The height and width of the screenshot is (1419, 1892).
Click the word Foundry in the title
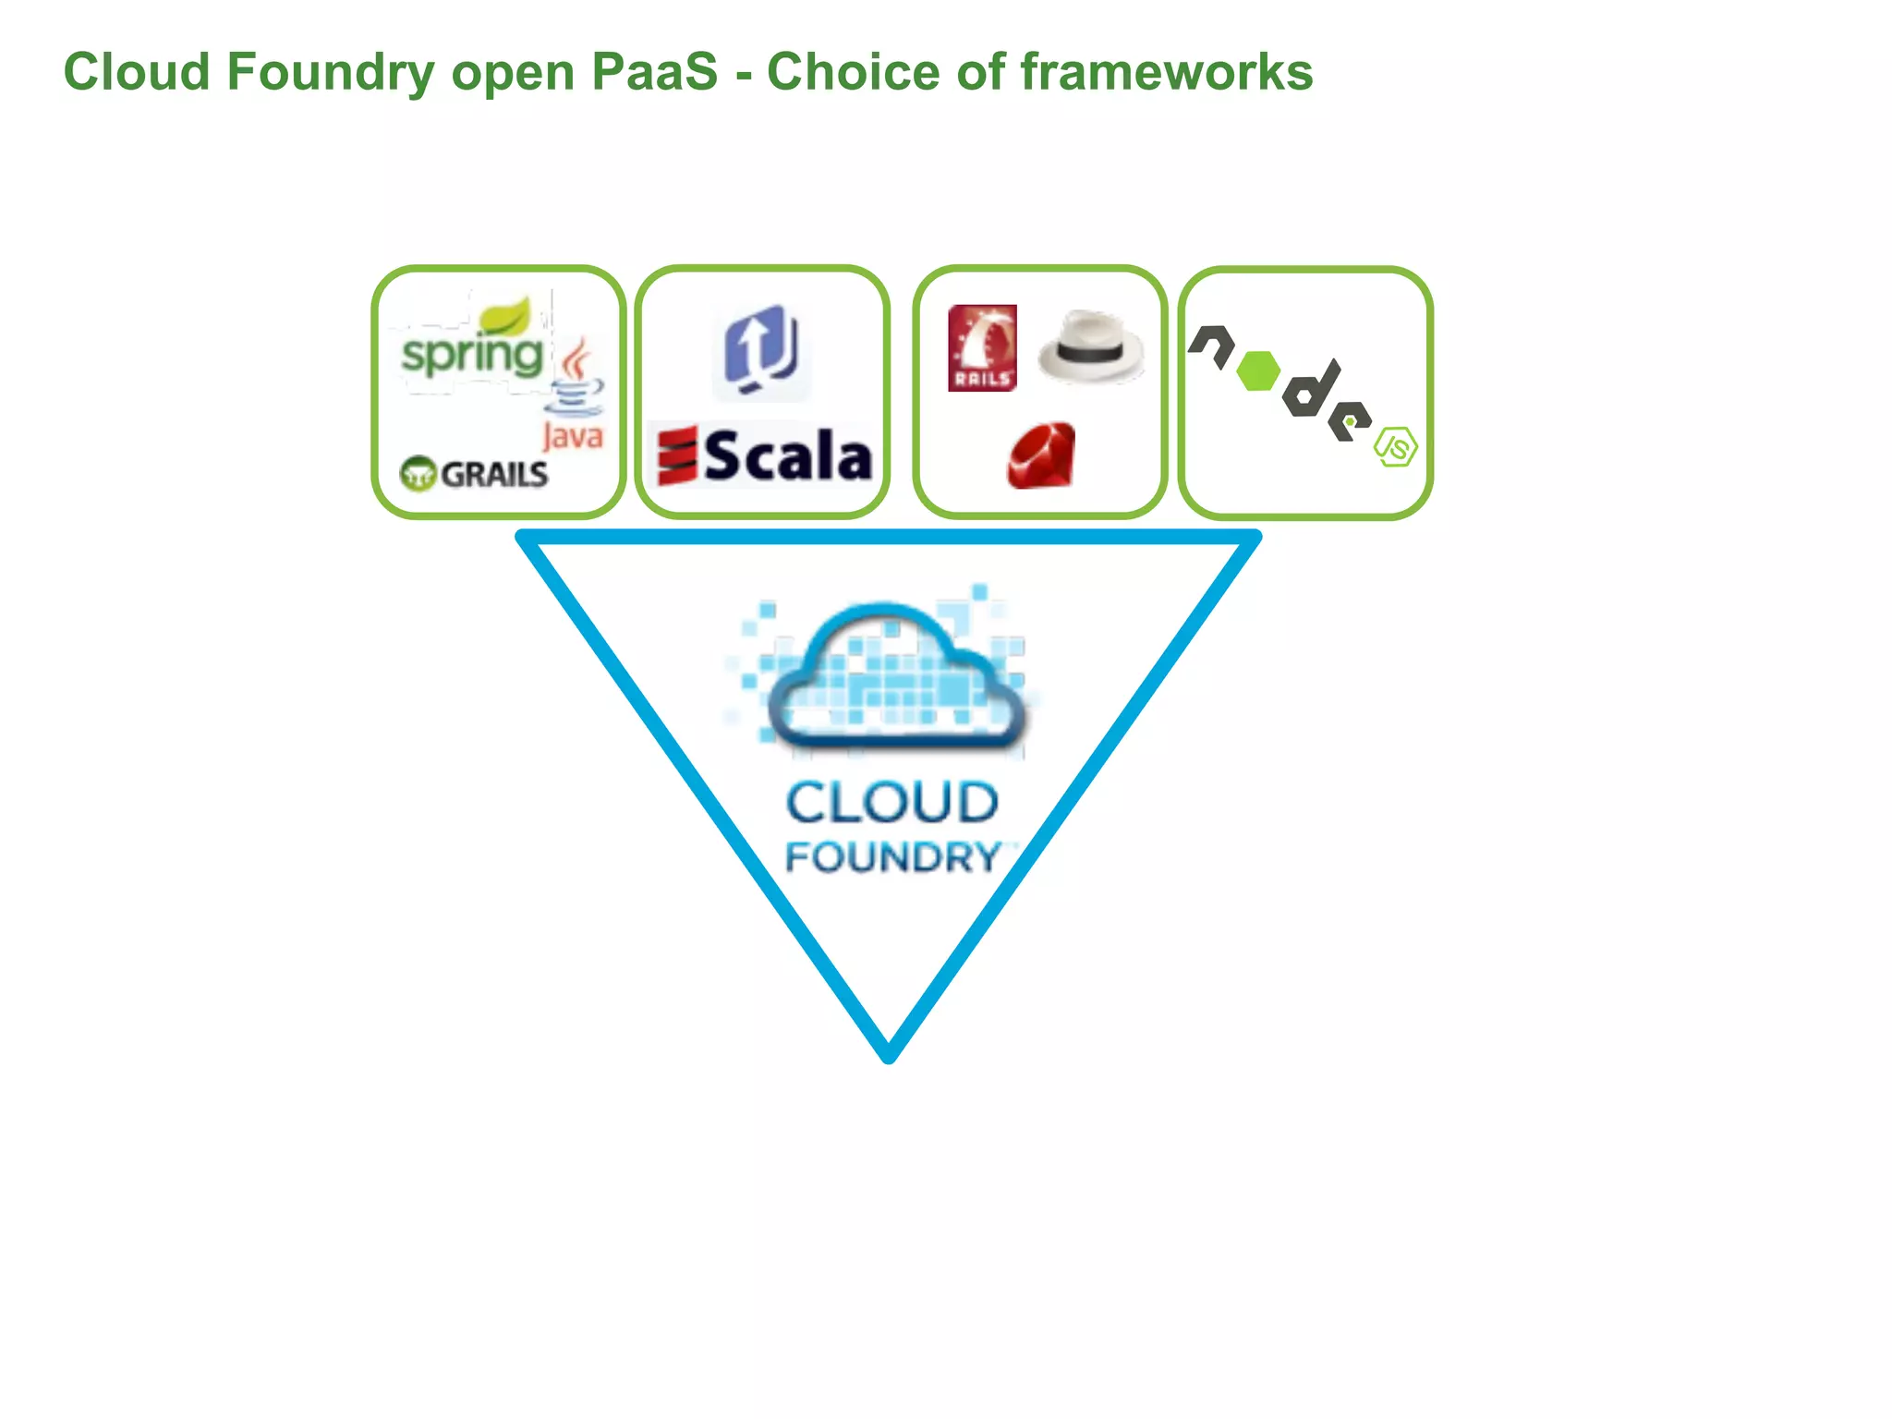(x=329, y=72)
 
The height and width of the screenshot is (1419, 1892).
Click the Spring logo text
(x=472, y=357)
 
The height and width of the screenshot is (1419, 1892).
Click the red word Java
(x=573, y=435)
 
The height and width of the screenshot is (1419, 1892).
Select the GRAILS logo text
(x=494, y=475)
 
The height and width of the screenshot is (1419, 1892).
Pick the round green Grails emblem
(x=418, y=474)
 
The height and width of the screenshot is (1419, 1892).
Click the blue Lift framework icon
(x=762, y=351)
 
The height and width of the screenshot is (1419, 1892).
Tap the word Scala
(x=788, y=456)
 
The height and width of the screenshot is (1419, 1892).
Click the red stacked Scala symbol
(x=677, y=455)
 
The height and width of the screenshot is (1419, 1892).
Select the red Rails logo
(x=982, y=348)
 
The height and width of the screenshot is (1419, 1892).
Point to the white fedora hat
(x=1091, y=346)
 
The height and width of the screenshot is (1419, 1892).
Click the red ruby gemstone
(x=1042, y=455)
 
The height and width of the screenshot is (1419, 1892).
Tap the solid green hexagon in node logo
(x=1257, y=371)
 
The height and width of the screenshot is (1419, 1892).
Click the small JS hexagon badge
(x=1396, y=446)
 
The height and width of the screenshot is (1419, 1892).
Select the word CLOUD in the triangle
(x=892, y=802)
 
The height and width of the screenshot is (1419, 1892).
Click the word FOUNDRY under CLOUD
(x=892, y=857)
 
